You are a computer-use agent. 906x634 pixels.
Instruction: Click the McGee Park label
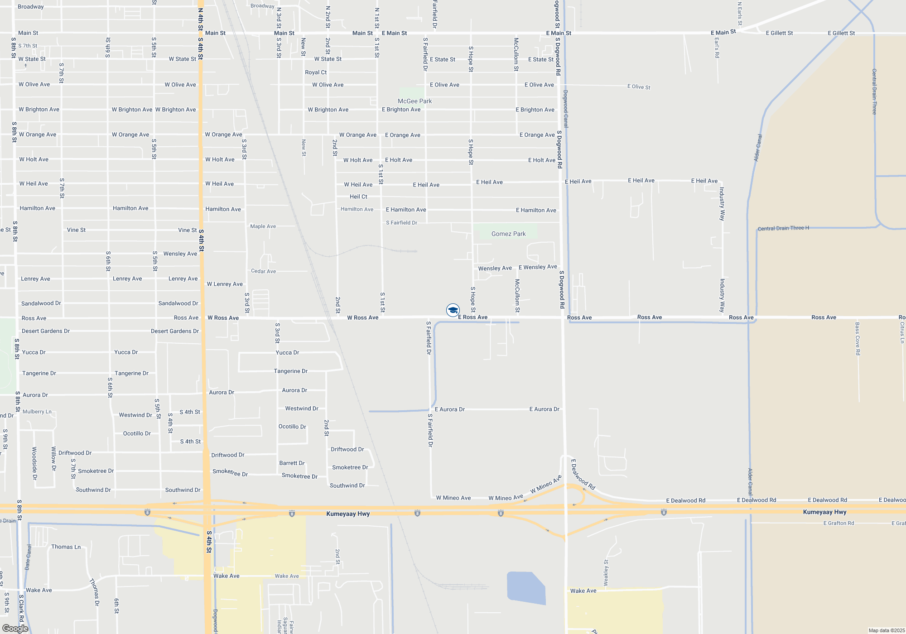pos(414,101)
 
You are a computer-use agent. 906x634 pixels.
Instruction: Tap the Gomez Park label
pos(508,234)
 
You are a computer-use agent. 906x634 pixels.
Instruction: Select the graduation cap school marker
pos(453,310)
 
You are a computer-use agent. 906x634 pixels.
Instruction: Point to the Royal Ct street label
pos(316,72)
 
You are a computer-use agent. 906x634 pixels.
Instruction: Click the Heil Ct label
pos(358,197)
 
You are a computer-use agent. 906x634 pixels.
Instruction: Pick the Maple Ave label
pos(263,226)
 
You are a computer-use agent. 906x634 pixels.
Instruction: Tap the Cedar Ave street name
pos(263,271)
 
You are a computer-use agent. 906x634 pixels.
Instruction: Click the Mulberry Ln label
pos(37,412)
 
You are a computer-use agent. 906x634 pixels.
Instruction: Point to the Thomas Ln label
pos(66,547)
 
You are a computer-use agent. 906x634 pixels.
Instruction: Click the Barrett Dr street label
pos(292,463)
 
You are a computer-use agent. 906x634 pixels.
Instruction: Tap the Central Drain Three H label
pos(783,228)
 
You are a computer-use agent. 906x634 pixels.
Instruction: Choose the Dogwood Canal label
pos(565,109)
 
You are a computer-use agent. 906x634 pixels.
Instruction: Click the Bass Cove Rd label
pos(858,338)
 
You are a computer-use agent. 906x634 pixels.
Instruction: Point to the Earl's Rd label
pos(717,48)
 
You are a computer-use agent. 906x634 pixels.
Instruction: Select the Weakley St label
pos(606,572)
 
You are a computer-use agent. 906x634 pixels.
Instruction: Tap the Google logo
pos(15,629)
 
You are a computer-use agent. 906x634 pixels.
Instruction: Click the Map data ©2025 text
pos(887,630)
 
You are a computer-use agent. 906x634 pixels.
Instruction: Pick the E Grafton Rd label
pos(839,523)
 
